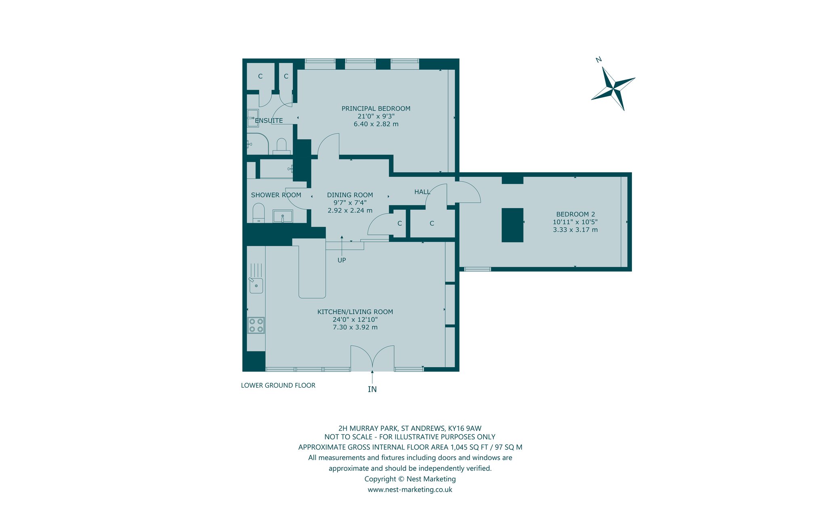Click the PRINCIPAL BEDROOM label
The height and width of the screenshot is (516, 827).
click(376, 109)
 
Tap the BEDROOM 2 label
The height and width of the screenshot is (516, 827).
click(575, 214)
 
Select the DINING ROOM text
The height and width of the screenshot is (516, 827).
click(350, 195)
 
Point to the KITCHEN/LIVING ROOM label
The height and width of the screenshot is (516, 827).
click(355, 312)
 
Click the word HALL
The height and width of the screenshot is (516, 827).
click(422, 192)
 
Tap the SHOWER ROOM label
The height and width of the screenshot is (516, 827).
click(276, 195)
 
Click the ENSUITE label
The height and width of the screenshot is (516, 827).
click(269, 121)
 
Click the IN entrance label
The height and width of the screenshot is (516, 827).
click(372, 389)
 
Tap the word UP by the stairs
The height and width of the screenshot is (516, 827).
click(342, 260)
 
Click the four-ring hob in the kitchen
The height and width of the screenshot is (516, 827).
click(256, 326)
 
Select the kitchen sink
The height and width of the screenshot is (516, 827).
click(256, 285)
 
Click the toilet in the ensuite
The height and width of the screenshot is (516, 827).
click(281, 146)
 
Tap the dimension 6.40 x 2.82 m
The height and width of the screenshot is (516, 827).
click(376, 124)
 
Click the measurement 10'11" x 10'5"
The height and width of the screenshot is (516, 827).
click(575, 222)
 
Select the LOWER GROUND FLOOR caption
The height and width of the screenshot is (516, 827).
click(278, 385)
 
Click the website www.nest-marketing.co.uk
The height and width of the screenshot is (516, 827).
click(410, 490)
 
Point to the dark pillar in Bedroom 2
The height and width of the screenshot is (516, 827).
click(512, 225)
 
